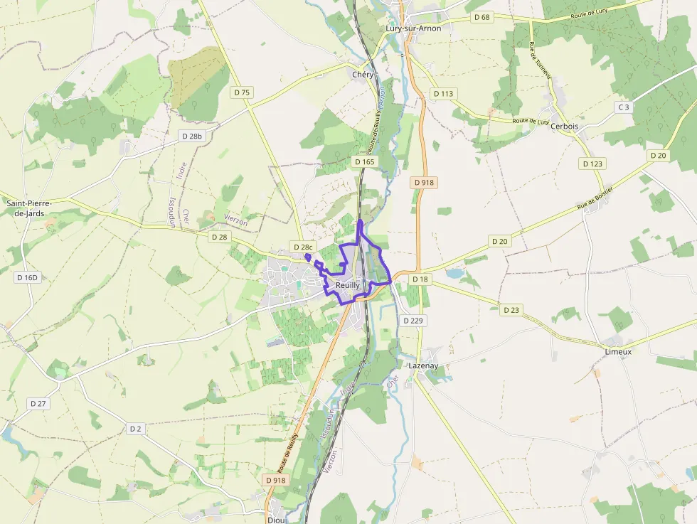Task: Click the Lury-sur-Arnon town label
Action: click(413, 28)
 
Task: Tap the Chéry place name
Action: click(363, 75)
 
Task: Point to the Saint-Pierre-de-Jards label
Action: click(29, 208)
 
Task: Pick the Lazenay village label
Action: click(423, 365)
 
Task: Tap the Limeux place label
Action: click(617, 352)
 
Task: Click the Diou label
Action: click(276, 520)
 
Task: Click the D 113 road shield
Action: click(443, 94)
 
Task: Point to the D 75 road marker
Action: click(243, 92)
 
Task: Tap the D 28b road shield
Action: click(192, 136)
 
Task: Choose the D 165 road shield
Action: click(364, 162)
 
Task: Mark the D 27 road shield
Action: click(38, 403)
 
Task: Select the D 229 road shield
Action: click(413, 321)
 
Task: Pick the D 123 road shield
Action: click(592, 164)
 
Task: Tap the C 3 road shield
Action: click(624, 107)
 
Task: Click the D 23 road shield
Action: click(511, 310)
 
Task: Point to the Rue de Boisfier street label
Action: click(595, 197)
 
